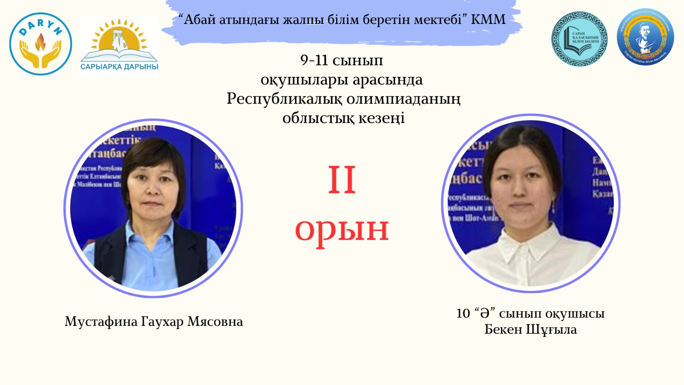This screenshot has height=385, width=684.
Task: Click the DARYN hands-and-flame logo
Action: point(41,44)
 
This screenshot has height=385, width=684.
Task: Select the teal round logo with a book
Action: point(579,39)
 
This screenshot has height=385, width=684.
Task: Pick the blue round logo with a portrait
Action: point(645,38)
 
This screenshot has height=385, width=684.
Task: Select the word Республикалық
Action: point(284,99)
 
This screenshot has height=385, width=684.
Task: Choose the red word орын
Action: point(342,229)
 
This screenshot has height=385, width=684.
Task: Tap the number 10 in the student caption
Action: point(463,314)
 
